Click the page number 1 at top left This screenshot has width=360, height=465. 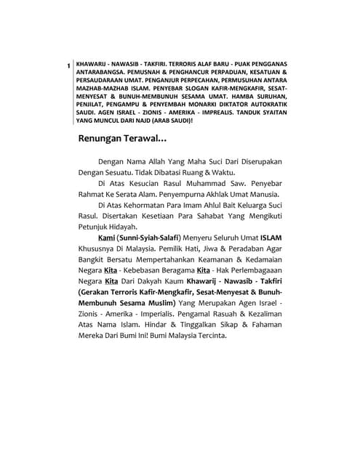68,66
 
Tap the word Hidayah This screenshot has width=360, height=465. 127,227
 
